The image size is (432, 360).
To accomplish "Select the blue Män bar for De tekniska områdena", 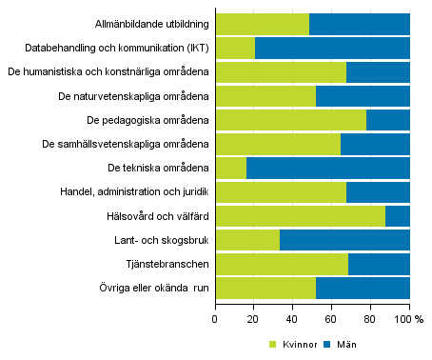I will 327,168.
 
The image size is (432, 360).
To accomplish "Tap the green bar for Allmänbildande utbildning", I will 263,24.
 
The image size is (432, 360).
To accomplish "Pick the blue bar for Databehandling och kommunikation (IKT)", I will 332,48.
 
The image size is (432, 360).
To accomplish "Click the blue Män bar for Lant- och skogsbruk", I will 344,239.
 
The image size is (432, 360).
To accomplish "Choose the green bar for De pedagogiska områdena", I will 291,119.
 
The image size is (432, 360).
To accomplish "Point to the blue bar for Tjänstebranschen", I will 379,263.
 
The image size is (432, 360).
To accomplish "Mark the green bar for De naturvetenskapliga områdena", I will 265,95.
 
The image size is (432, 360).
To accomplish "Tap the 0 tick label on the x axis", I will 215,320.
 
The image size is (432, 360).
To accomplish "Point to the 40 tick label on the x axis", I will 293,320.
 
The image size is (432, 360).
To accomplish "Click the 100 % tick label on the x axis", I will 412,320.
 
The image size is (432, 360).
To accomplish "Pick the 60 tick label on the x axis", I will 332,320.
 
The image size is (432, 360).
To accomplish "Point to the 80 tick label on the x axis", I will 371,320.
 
